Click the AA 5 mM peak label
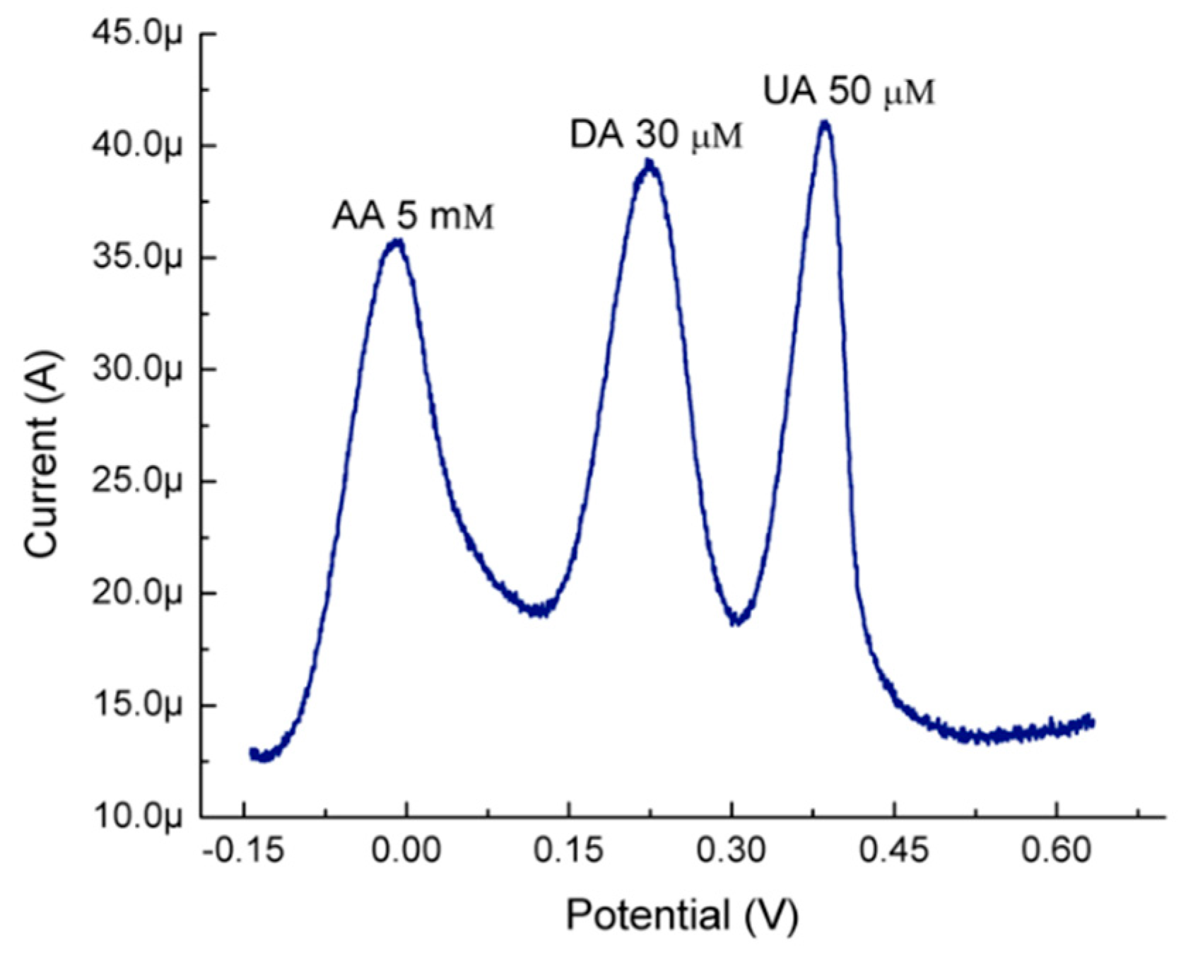pyautogui.click(x=413, y=216)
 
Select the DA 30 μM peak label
pyautogui.click(x=657, y=136)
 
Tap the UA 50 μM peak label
pyautogui.click(x=850, y=92)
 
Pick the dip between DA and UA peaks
pyautogui.click(x=738, y=620)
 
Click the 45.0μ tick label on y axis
pyautogui.click(x=137, y=35)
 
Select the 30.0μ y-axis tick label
pyautogui.click(x=137, y=370)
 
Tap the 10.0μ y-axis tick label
pyautogui.click(x=137, y=817)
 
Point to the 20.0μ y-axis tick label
pyautogui.click(x=137, y=594)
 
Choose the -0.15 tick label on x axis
pyautogui.click(x=243, y=851)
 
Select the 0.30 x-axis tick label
pyautogui.click(x=732, y=851)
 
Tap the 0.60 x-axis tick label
pyautogui.click(x=1056, y=851)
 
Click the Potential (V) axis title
pyautogui.click(x=682, y=915)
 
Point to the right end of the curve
pyautogui.click(x=1093, y=722)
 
